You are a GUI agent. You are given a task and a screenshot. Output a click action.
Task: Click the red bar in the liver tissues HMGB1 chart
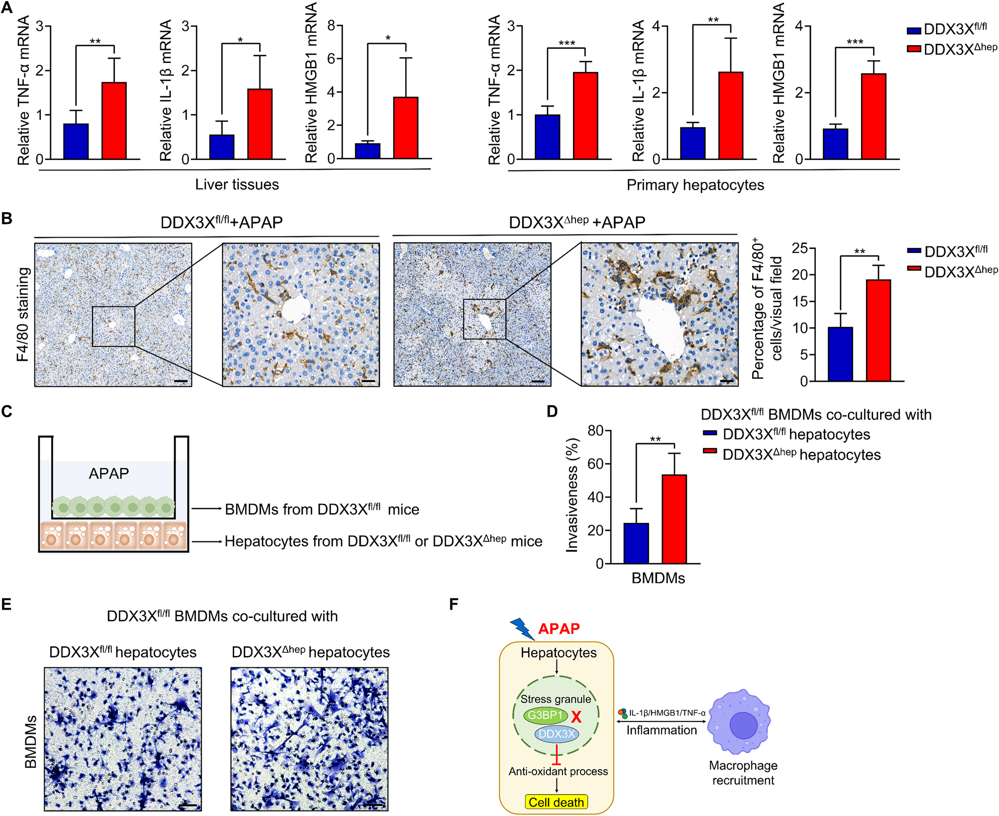pos(406,128)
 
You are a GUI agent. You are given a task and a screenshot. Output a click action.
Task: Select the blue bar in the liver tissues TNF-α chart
pos(76,142)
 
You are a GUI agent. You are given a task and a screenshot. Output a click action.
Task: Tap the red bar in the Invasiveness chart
pos(674,519)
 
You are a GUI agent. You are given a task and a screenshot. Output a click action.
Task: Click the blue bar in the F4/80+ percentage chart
pos(840,354)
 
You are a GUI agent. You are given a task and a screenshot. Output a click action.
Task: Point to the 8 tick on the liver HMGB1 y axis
pos(331,25)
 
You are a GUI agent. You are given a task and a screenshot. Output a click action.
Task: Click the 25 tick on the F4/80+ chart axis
pos(800,248)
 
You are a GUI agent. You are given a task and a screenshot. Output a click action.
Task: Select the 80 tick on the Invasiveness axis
pos(596,431)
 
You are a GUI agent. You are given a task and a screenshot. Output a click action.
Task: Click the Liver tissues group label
pos(237,185)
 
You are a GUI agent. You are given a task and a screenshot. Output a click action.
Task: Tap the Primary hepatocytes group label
pos(695,185)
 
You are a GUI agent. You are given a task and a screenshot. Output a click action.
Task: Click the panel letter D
pos(552,412)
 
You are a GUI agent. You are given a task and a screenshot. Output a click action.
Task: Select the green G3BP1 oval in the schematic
pos(545,715)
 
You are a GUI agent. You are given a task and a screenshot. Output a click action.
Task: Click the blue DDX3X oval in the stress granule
pos(556,734)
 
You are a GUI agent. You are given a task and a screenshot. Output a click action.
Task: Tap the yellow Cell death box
pos(556,802)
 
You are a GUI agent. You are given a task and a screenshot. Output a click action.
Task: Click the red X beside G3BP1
pos(576,716)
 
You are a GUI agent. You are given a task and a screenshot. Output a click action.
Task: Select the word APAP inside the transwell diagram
pos(109,474)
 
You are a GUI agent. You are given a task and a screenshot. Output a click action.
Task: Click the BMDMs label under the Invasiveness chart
pos(658,578)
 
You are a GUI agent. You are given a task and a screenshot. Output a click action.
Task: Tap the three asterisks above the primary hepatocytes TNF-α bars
pos(567,43)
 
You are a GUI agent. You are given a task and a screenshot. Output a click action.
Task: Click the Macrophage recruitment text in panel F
pos(743,773)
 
